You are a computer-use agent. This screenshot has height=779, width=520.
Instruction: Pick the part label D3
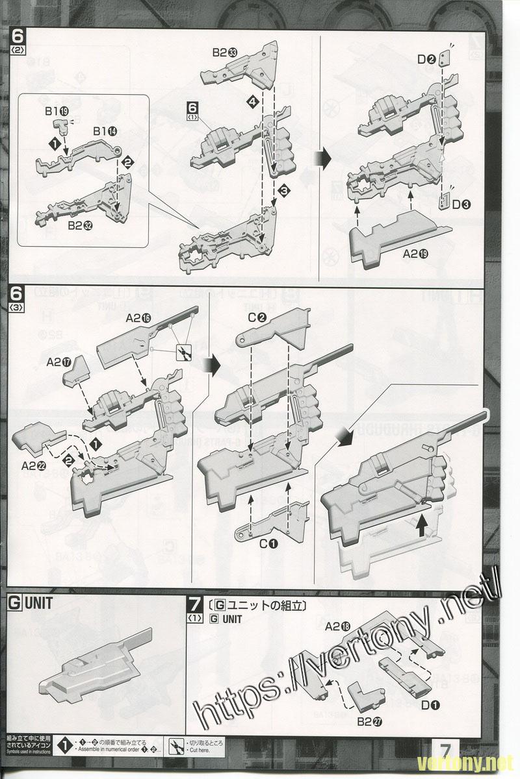pyautogui.click(x=461, y=205)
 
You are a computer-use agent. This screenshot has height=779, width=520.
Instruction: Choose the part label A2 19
pyautogui.click(x=416, y=254)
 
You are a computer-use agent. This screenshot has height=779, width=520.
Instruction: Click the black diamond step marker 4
pyautogui.click(x=252, y=102)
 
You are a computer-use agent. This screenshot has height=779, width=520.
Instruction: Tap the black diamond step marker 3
pyautogui.click(x=283, y=190)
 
